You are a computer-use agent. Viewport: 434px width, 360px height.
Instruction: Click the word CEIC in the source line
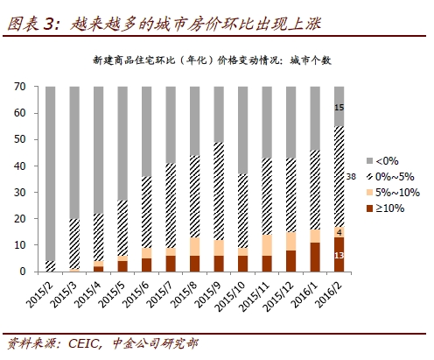coord(85,343)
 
